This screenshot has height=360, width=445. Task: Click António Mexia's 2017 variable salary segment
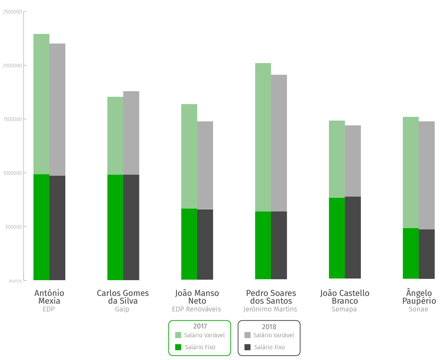tap(42, 104)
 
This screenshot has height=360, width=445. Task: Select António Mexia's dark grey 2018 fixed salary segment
tap(57, 228)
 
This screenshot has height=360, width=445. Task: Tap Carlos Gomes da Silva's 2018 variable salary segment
tap(131, 133)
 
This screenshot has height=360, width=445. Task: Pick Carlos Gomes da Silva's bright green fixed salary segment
tap(115, 227)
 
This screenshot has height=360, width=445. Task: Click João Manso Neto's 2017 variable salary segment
tap(189, 156)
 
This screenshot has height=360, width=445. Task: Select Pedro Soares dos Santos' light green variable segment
tap(263, 137)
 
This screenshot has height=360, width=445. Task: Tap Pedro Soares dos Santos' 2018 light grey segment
tap(279, 143)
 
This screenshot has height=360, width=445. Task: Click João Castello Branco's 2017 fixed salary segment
tap(337, 238)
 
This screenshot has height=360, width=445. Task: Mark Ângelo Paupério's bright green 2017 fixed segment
tap(411, 253)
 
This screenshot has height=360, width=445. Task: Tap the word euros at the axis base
tap(16, 281)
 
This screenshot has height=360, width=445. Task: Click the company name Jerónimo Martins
tap(270, 309)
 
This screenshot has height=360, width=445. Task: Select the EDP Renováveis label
tap(197, 309)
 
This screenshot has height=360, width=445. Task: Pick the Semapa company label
tap(344, 309)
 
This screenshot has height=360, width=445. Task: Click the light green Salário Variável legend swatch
tap(178, 335)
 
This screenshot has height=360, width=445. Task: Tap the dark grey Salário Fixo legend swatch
tap(248, 347)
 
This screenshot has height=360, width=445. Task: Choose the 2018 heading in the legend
tap(269, 327)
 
